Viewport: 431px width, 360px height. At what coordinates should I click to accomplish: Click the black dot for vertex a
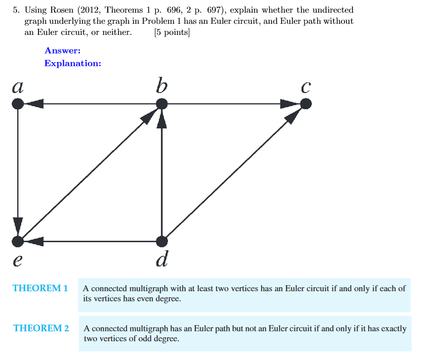(18, 104)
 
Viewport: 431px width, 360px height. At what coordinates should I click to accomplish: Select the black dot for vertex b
(161, 104)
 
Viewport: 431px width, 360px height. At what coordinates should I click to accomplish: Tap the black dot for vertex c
(306, 104)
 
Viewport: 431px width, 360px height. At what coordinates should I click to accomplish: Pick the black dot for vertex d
(161, 241)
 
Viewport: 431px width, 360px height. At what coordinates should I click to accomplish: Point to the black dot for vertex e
(18, 241)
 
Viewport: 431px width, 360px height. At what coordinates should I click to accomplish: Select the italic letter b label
(161, 85)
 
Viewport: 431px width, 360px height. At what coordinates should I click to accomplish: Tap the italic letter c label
(305, 87)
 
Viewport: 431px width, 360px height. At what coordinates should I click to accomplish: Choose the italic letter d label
(162, 259)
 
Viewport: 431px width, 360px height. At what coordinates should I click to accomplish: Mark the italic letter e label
(18, 260)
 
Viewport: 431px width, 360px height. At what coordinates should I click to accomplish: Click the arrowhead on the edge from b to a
(33, 104)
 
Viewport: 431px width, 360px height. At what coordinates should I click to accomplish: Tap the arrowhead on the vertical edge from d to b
(161, 120)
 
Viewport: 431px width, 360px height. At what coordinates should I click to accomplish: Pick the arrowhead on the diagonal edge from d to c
(293, 116)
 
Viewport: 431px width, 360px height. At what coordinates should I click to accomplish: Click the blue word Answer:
(63, 51)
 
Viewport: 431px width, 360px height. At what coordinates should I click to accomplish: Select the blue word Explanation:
(73, 63)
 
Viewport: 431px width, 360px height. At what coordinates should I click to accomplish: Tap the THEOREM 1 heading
(40, 288)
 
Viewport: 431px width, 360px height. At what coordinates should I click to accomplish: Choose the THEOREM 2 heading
(41, 328)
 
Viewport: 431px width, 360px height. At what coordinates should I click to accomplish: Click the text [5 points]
(172, 33)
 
